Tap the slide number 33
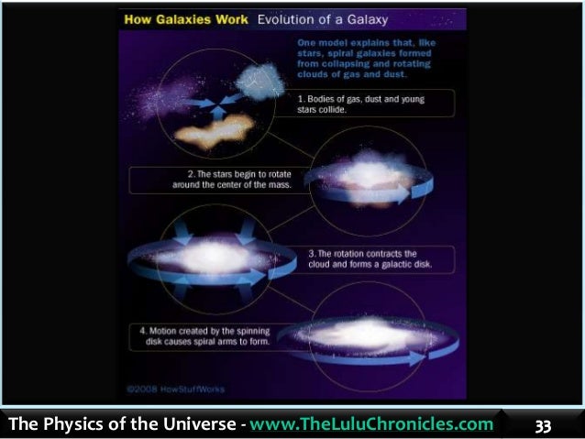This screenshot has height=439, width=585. tap(544, 425)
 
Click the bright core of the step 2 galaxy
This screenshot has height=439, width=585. tap(359, 177)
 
